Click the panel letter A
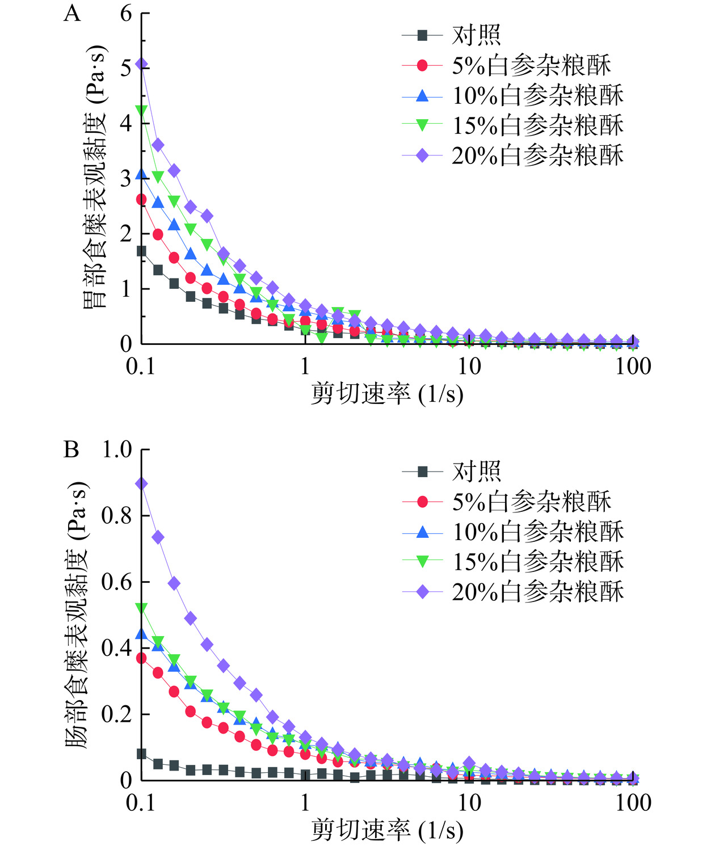coord(72,13)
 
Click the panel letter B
coord(71,449)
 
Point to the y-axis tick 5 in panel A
coord(126,67)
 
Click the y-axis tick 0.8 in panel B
coord(116,516)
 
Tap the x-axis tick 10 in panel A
coord(469,367)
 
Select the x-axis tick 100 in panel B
coord(633,803)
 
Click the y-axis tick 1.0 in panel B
coord(116,449)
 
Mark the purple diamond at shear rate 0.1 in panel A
coord(142,65)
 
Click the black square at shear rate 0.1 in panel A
coord(142,251)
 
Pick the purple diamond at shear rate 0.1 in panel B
coord(142,483)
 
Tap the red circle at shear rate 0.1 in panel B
coord(142,658)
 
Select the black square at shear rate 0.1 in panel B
coord(142,754)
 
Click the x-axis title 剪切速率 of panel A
coord(361,394)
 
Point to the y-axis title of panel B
coord(78,614)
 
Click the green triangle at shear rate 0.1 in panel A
coord(142,110)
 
